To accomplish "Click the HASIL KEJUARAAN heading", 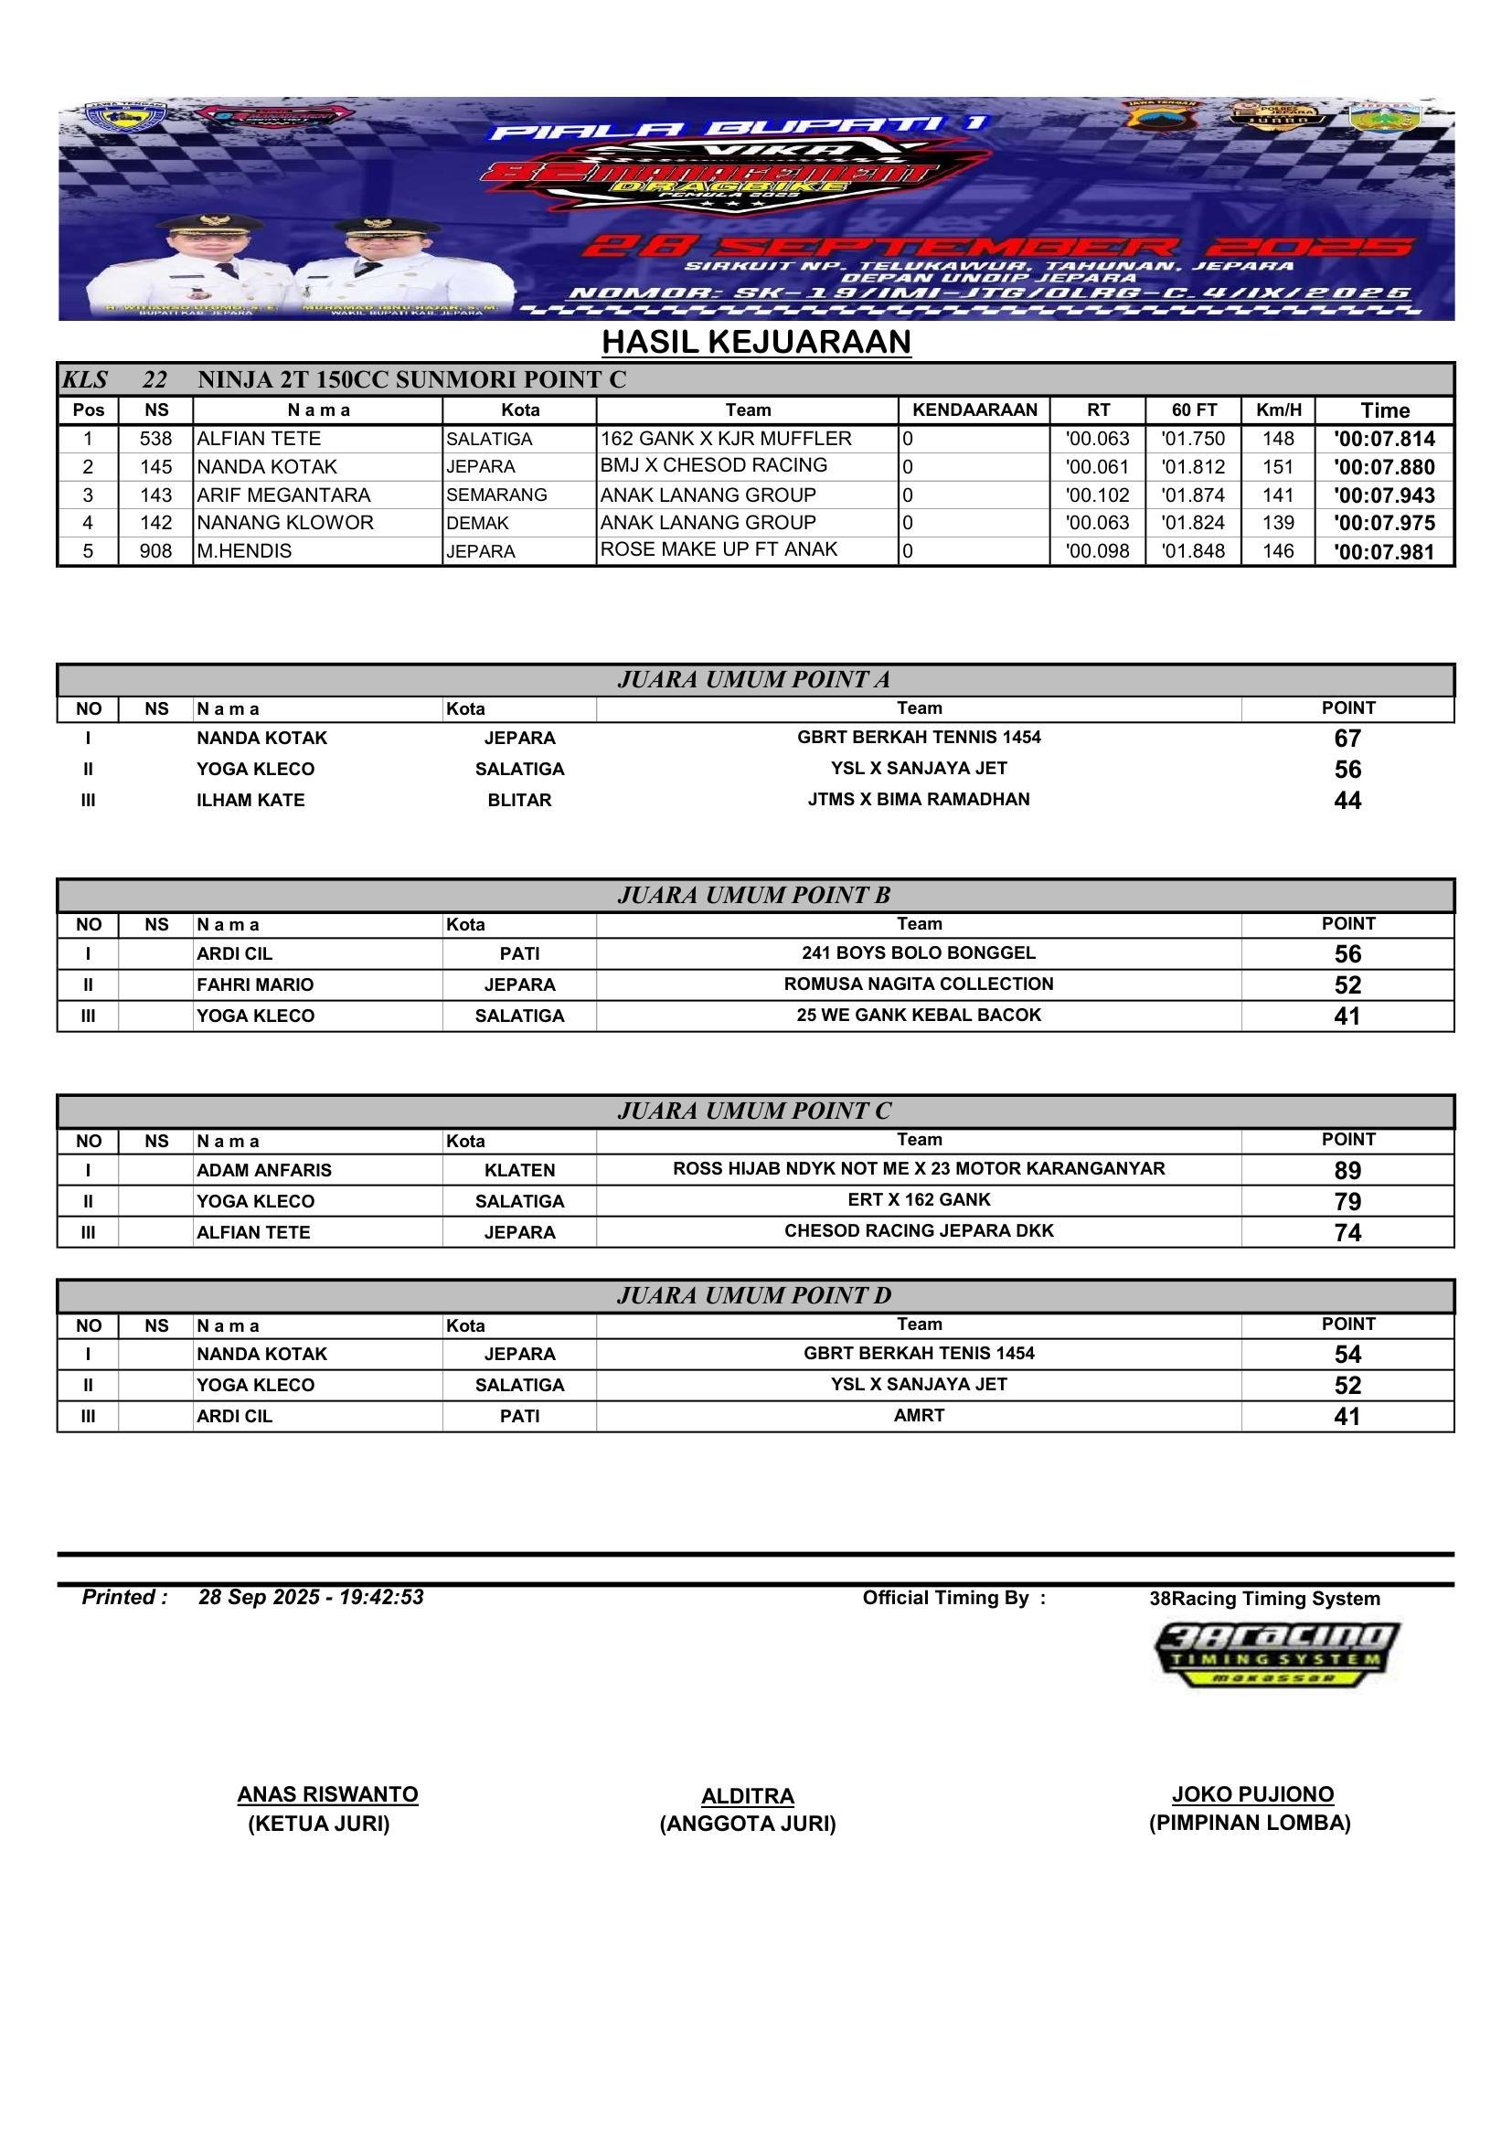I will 756,342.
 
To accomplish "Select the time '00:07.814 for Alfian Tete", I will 1383,440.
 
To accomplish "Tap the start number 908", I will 155,551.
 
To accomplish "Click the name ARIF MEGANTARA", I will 283,495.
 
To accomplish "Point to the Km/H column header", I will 1278,410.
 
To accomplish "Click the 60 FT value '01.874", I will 1193,495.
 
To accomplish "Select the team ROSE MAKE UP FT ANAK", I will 719,549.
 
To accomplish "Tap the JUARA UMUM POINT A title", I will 754,680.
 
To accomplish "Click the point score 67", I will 1347,739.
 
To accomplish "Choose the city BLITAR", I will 519,800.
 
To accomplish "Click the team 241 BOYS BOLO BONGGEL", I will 918,952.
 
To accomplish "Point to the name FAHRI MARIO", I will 255,984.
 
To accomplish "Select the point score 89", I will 1347,1171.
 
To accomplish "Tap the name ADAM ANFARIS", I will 263,1171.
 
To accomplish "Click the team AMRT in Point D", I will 919,1415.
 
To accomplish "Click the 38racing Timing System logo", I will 1276,1654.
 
